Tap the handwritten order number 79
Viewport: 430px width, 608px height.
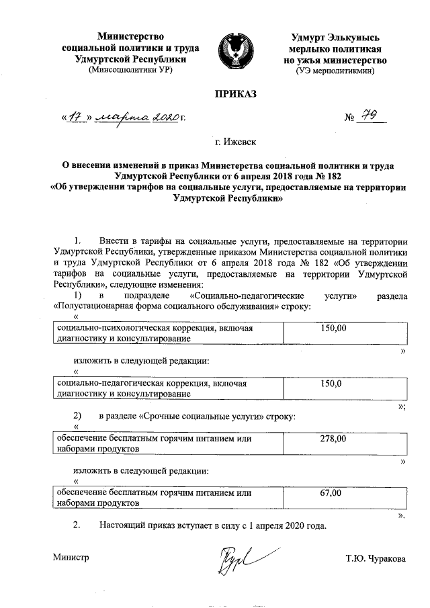371,118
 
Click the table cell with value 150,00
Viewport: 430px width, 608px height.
333,328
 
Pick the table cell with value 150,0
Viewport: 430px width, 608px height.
333,384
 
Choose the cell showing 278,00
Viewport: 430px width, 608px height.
333,438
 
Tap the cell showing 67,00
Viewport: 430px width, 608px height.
332,494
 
